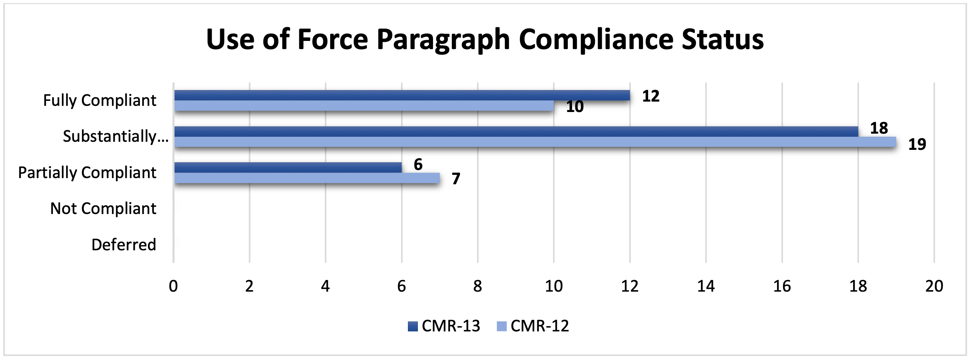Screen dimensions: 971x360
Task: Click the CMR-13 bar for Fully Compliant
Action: tap(402, 95)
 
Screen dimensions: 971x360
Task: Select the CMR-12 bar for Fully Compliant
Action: tap(364, 106)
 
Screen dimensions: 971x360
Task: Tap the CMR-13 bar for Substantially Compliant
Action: tap(516, 131)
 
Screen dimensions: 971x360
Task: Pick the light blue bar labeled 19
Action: tap(535, 142)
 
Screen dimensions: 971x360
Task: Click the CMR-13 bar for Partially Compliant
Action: tap(288, 168)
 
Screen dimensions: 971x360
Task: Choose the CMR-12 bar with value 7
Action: tap(307, 178)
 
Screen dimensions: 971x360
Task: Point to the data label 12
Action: tap(651, 96)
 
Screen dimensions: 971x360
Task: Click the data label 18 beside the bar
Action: tap(879, 128)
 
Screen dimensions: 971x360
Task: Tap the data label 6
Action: tap(418, 165)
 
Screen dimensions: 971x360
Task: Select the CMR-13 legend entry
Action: tap(444, 326)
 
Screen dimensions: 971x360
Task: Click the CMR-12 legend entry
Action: tap(533, 326)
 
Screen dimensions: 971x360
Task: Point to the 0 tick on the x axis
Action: tap(173, 286)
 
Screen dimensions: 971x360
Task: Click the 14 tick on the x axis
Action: tap(706, 286)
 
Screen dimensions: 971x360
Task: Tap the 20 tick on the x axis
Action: tap(934, 286)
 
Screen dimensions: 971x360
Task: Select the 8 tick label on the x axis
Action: tap(478, 286)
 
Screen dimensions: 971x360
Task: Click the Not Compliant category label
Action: tap(103, 209)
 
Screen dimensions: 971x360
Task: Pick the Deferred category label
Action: tap(124, 245)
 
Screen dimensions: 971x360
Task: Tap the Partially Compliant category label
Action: tap(87, 173)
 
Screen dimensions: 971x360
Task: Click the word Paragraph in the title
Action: tap(443, 40)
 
